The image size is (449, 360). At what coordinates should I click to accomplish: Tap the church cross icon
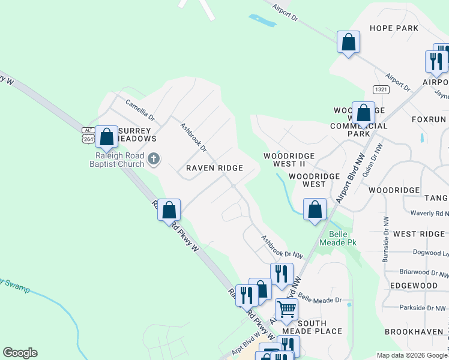[154, 159]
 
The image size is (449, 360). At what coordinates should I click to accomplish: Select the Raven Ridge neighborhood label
[214, 168]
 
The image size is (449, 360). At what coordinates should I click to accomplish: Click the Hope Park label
[394, 28]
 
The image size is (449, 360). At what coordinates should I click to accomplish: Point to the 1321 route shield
[380, 89]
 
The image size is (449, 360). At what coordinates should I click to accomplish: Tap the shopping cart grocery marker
[287, 310]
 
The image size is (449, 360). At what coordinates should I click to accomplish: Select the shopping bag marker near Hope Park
[348, 42]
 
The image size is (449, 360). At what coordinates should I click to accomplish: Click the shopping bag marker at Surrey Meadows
[106, 137]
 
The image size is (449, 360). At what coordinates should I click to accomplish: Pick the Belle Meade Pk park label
[343, 238]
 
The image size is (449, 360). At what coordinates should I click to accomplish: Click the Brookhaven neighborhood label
[414, 331]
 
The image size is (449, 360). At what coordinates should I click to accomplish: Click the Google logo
[20, 353]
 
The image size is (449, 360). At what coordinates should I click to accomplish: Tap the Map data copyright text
[412, 355]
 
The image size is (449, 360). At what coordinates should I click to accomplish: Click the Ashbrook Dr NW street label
[282, 247]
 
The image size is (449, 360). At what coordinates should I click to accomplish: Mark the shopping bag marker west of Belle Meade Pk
[315, 209]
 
